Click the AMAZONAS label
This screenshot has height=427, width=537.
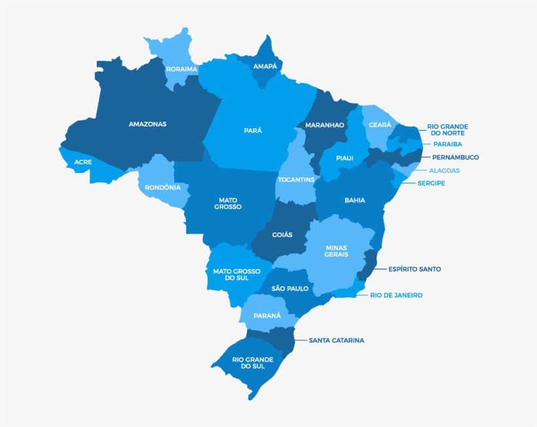click(x=147, y=124)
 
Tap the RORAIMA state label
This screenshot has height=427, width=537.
click(x=181, y=69)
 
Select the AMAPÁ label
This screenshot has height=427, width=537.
click(x=265, y=66)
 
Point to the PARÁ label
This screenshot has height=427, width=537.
click(x=253, y=130)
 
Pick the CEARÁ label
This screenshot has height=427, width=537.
click(x=380, y=124)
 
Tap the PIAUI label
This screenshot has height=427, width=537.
click(x=344, y=158)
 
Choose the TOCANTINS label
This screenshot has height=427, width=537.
click(x=296, y=179)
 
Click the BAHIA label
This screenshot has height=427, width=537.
click(x=355, y=200)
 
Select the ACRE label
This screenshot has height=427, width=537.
click(x=83, y=162)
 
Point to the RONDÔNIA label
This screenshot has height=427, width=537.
click(x=162, y=187)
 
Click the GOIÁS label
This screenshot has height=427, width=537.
click(x=282, y=234)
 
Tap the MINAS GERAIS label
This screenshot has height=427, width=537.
click(x=337, y=251)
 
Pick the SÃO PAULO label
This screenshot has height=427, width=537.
click(x=289, y=288)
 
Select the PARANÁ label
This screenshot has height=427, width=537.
click(x=267, y=316)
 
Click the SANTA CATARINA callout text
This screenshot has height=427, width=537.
click(x=336, y=341)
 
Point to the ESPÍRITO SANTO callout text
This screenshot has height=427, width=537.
click(x=415, y=269)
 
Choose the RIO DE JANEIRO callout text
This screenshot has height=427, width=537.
click(x=396, y=295)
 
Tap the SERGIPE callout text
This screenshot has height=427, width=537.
click(x=431, y=183)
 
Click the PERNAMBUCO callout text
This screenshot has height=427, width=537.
click(x=455, y=157)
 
